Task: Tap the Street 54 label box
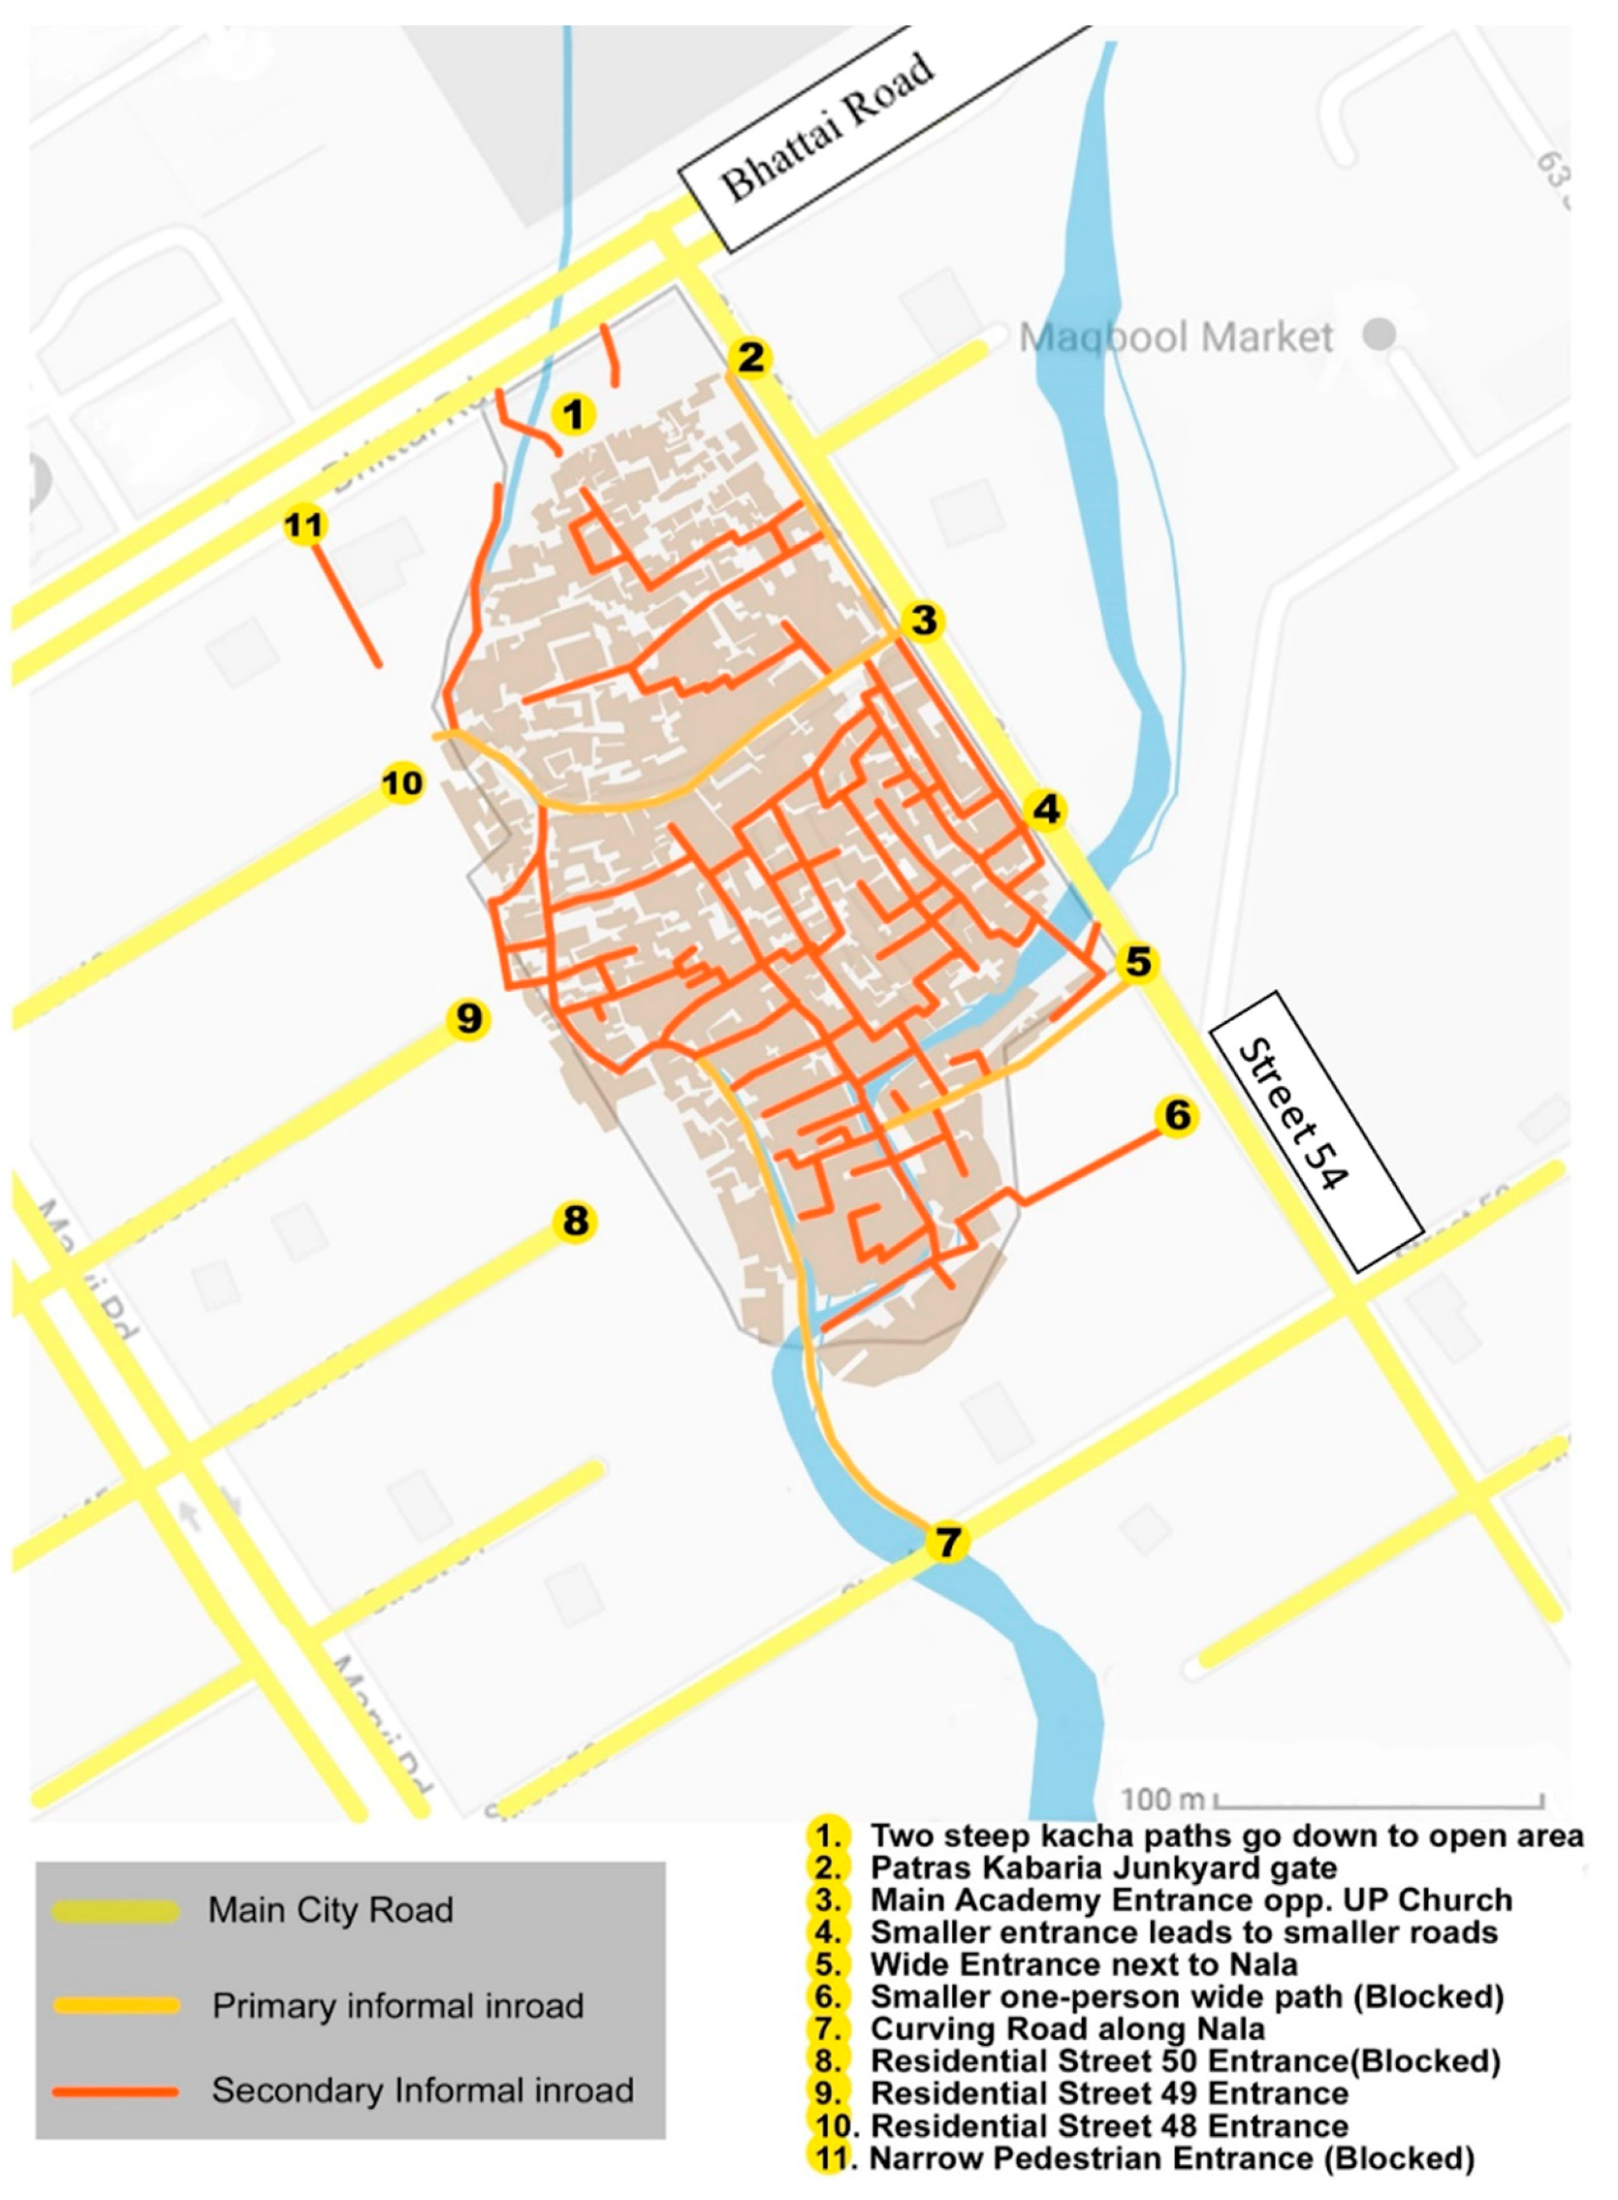point(1315,1131)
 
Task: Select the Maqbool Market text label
point(1175,338)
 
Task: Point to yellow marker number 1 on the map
point(574,414)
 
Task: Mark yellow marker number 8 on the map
point(575,1220)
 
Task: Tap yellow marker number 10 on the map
point(402,783)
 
